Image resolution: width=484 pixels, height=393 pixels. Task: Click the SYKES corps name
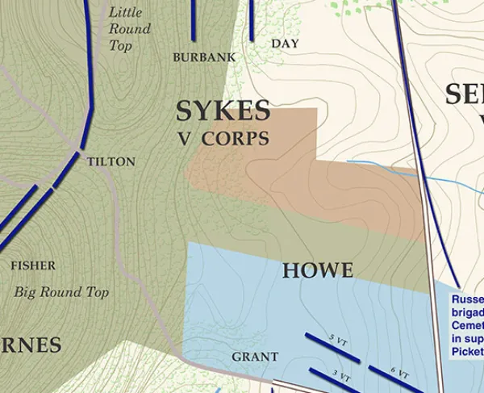point(223,111)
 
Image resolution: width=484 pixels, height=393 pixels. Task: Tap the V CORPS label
point(223,138)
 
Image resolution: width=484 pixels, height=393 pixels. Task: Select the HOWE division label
point(318,271)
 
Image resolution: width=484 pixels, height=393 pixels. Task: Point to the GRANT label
point(255,357)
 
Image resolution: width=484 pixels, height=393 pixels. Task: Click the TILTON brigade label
point(111,161)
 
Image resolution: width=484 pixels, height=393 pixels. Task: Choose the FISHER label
point(33,265)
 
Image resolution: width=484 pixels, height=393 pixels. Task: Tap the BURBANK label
point(204,57)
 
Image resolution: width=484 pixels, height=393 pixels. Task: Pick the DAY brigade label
point(285,43)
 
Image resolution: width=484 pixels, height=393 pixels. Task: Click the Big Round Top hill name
point(61,292)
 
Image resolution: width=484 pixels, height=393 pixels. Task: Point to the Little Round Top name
point(129,29)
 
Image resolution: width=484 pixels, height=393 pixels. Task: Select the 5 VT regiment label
point(339,338)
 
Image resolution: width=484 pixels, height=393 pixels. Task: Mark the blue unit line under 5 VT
point(332,348)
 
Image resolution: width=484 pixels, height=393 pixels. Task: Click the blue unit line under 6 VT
point(395,381)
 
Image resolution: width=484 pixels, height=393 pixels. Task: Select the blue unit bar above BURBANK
point(194,20)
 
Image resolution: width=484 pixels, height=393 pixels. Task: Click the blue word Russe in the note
point(467,299)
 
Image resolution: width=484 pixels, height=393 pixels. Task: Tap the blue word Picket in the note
point(467,352)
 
